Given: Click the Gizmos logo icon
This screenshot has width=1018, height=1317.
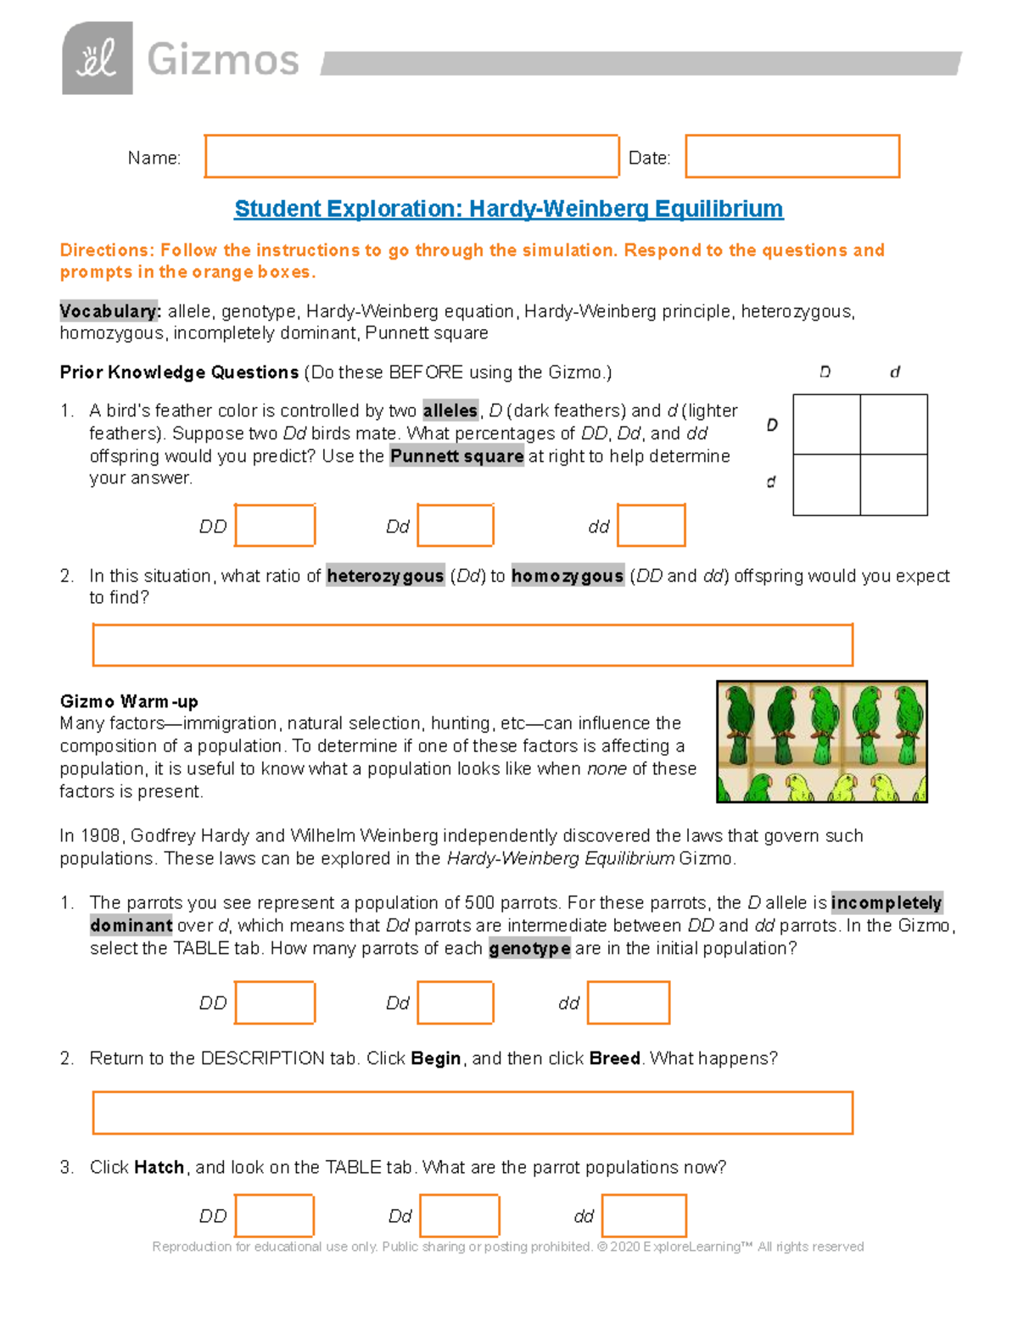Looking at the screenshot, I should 97,59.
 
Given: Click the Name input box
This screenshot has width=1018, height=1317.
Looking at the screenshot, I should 411,157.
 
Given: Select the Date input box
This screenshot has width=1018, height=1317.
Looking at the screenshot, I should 791,157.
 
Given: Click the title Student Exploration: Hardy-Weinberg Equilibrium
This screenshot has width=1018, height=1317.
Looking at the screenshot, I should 508,209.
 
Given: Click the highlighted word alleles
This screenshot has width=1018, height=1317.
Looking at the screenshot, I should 450,411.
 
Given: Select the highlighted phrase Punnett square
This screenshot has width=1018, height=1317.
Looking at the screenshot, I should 456,456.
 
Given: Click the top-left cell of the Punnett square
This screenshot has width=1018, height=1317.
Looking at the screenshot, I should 826,425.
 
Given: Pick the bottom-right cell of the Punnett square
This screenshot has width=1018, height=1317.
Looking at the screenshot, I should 893,484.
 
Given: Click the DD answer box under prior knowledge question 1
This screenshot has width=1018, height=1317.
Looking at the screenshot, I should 275,526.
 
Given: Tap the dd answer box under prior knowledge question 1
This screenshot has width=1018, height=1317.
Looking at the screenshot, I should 651,526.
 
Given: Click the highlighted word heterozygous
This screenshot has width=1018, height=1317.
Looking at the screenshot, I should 385,577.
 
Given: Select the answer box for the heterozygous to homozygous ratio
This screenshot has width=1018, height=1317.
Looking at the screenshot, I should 473,645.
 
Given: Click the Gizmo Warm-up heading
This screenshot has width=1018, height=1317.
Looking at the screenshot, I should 129,701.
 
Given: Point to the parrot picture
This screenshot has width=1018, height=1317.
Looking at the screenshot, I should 821,742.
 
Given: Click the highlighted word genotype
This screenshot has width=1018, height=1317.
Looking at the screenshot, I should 529,949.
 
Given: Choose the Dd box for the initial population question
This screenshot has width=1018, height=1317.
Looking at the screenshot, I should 456,1003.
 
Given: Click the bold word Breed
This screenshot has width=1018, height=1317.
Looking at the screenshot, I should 614,1059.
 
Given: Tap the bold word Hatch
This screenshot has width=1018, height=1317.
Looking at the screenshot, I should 159,1168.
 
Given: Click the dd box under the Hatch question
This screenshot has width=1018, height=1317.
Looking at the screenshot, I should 644,1216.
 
